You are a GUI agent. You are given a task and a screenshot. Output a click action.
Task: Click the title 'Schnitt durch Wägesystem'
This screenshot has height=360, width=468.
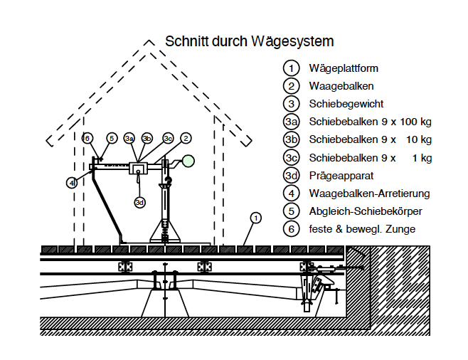tap(249, 41)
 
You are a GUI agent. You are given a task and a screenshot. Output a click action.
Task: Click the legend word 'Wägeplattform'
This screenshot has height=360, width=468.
tap(344, 69)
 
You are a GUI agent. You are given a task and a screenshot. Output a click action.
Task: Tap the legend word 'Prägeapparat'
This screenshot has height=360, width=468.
tap(341, 175)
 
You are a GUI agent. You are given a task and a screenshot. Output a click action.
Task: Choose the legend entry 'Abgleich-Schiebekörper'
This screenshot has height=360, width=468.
tap(366, 211)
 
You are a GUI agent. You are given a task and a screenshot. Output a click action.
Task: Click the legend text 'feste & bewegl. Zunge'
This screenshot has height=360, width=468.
tap(362, 229)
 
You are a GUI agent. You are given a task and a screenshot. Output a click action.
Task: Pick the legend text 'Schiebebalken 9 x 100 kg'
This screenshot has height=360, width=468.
tap(370, 122)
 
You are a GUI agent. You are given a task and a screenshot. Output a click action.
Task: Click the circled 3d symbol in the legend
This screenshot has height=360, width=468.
tap(291, 175)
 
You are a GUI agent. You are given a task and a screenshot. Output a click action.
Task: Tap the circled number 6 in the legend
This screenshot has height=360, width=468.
tap(291, 229)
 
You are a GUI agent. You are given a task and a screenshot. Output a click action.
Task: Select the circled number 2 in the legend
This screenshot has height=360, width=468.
tap(291, 86)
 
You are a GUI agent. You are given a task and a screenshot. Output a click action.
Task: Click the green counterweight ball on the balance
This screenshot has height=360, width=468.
tap(188, 160)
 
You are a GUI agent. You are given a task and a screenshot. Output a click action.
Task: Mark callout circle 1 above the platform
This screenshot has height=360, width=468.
tap(256, 217)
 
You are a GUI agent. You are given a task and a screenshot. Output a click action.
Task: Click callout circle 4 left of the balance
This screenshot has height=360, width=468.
tap(72, 182)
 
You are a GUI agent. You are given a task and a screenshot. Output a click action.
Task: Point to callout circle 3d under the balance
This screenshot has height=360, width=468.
tap(139, 201)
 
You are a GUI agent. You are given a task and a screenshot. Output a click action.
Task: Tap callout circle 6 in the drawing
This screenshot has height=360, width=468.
tap(87, 138)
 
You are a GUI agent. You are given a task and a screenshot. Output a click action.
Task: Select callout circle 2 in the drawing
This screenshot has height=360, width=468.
tap(186, 138)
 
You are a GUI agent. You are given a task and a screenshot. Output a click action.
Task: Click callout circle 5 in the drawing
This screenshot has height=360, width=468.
tap(111, 138)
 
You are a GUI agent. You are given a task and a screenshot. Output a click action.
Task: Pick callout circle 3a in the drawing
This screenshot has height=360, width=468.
tap(129, 138)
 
